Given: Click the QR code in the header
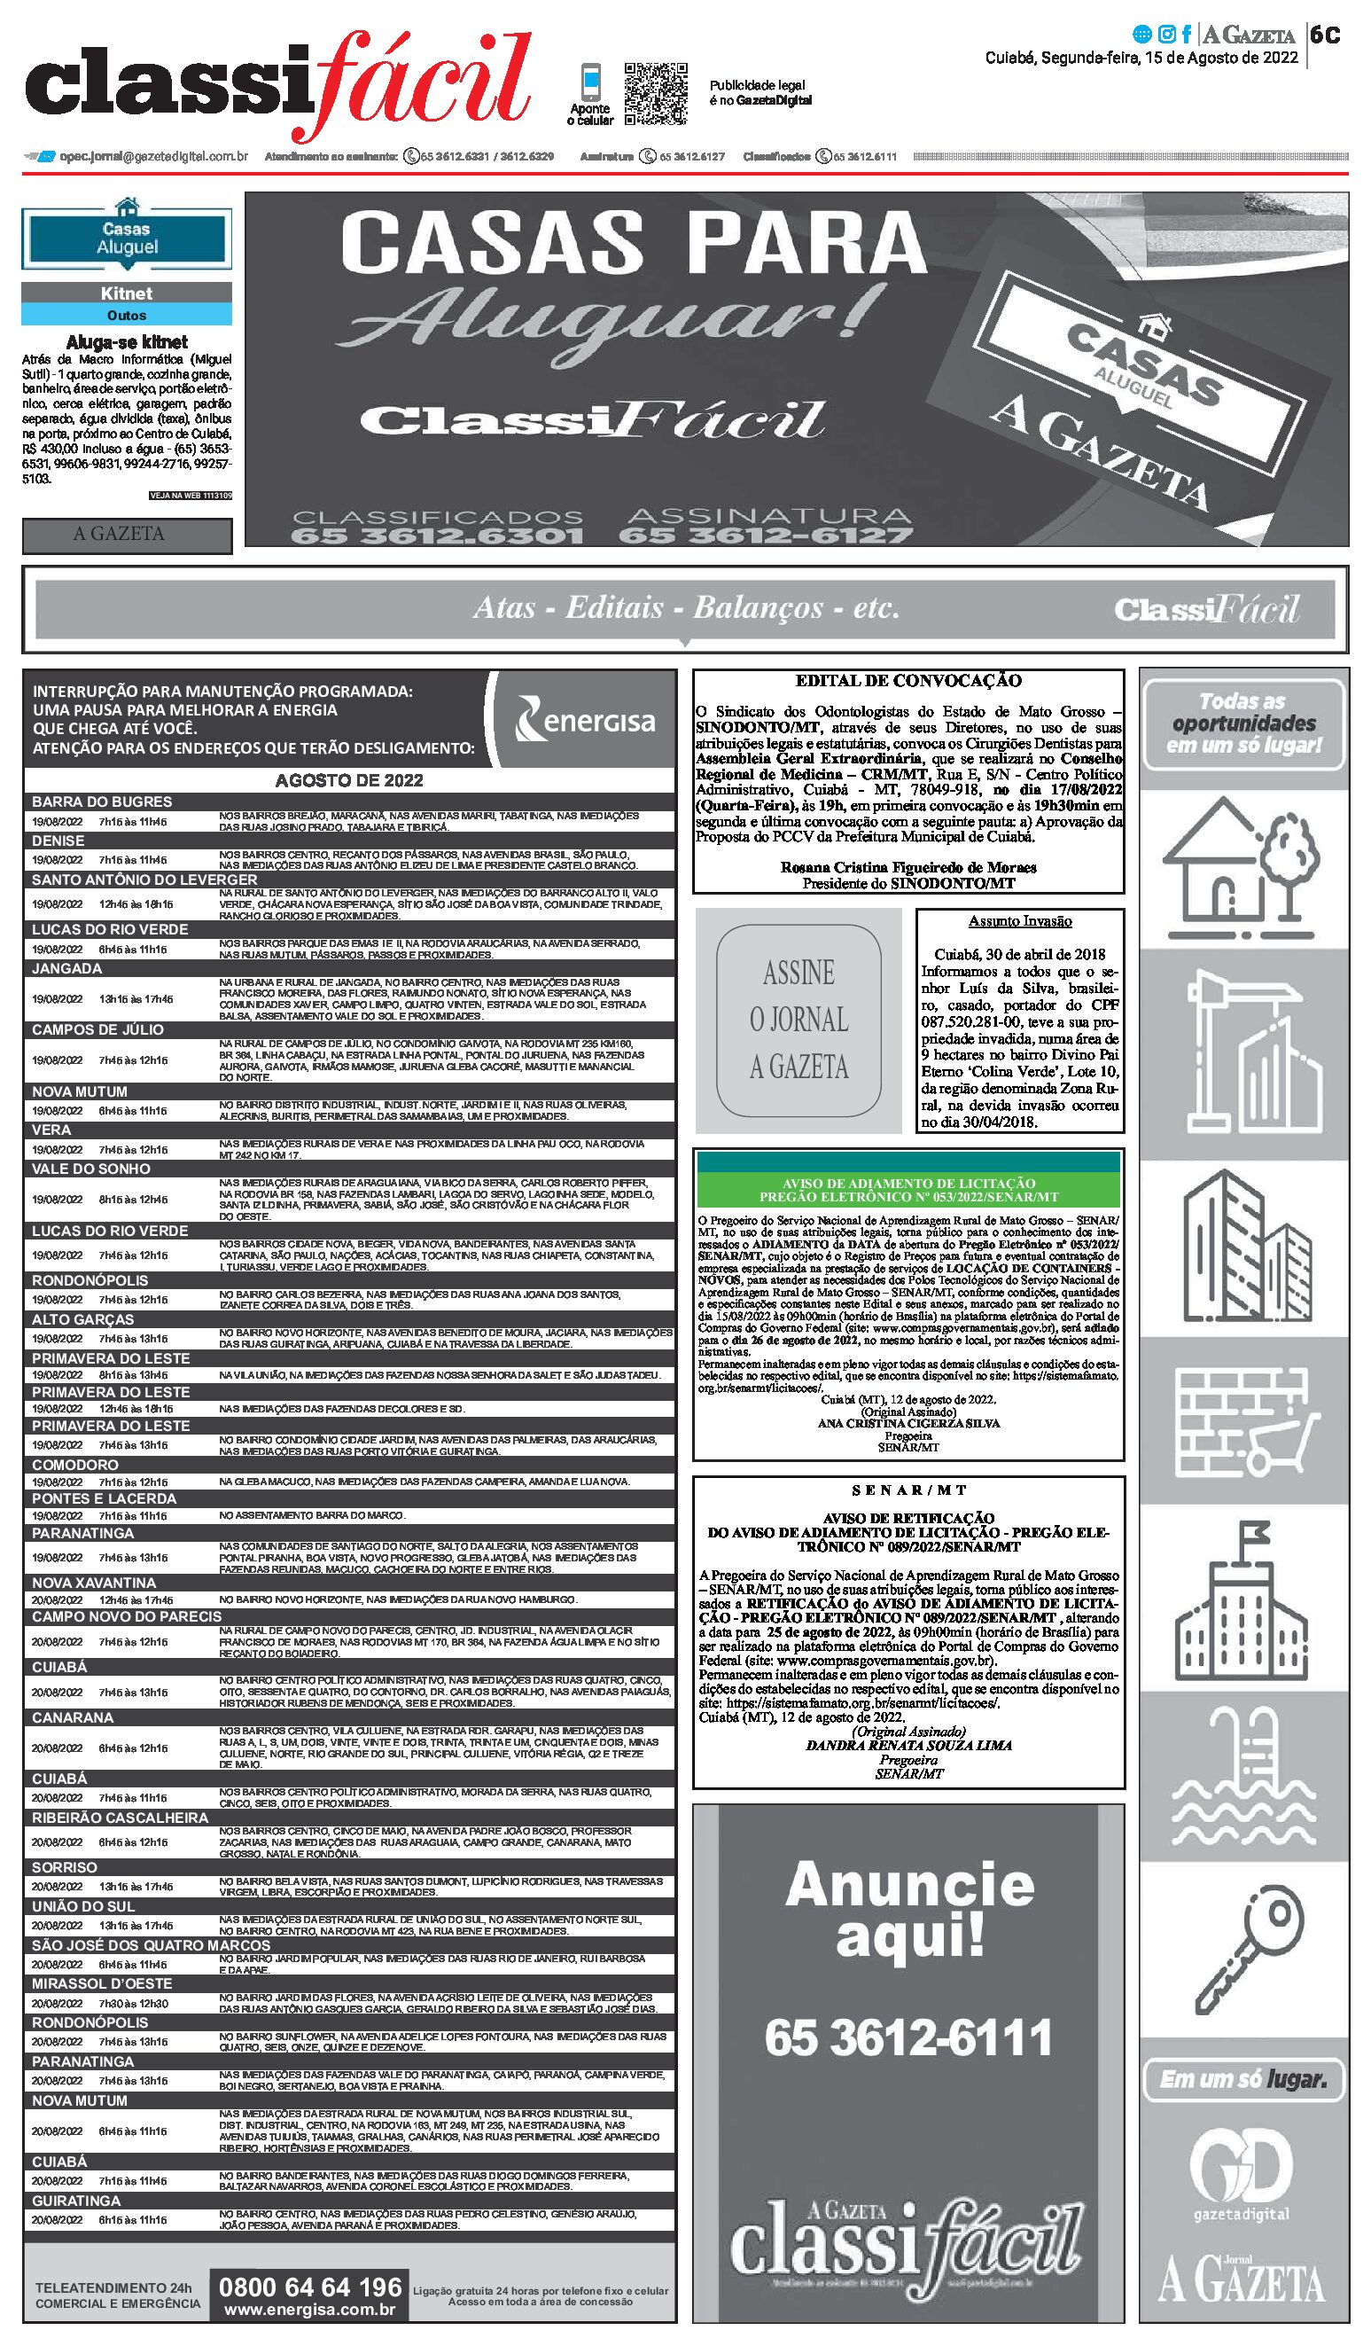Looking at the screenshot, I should [655, 93].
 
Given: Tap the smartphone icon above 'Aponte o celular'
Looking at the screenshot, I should [590, 82].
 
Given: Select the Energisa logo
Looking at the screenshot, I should [586, 720].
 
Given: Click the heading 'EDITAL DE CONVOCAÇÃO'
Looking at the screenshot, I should [908, 681].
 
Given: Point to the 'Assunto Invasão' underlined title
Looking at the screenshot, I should [1020, 922].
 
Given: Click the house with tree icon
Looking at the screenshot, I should [1242, 857].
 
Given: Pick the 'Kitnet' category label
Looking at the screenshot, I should [127, 293].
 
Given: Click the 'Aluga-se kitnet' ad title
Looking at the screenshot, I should [127, 342].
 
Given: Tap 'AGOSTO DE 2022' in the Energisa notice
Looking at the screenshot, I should [349, 780].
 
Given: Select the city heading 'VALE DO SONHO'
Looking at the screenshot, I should [91, 1169].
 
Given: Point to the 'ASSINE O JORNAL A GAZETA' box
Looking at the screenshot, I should [798, 1020].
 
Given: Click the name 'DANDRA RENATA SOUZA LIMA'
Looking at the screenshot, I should [908, 1746].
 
